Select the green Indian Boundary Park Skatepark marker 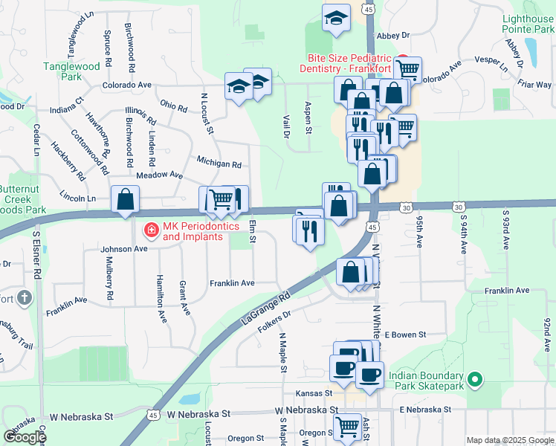pyautogui.click(x=476, y=381)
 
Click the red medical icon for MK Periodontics pyautogui.click(x=151, y=231)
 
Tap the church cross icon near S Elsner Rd pyautogui.click(x=25, y=298)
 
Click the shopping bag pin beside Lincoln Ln pyautogui.click(x=125, y=199)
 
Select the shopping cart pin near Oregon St pyautogui.click(x=346, y=427)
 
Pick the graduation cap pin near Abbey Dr pyautogui.click(x=336, y=17)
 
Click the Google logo pyautogui.click(x=25, y=437)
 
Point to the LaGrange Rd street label pyautogui.click(x=265, y=307)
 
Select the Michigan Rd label pyautogui.click(x=219, y=162)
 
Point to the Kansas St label pyautogui.click(x=312, y=392)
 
